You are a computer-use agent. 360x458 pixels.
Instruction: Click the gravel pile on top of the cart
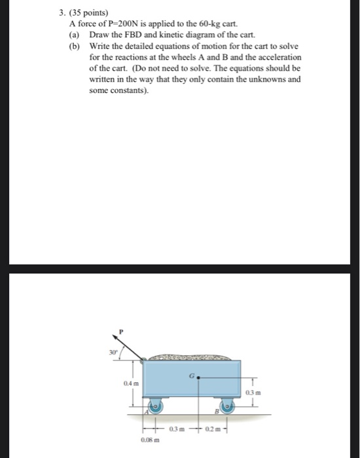(190, 358)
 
